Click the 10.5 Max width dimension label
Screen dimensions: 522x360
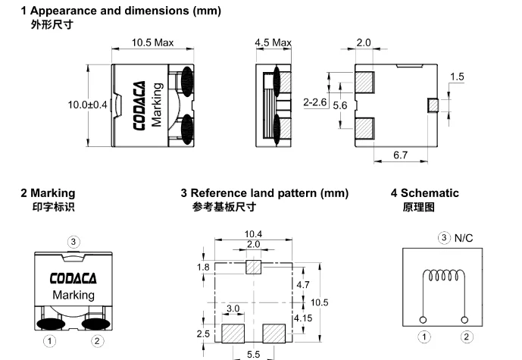(x=152, y=42)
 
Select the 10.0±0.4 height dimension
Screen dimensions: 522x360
(x=88, y=105)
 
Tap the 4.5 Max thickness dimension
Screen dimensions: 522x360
(x=273, y=42)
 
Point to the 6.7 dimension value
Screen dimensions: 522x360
(x=400, y=155)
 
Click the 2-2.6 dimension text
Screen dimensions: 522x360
(x=315, y=102)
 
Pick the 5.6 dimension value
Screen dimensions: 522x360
(x=340, y=105)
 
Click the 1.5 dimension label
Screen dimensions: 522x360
(x=457, y=77)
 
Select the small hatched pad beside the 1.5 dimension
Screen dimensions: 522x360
(x=433, y=105)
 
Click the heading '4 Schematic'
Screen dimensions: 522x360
(x=425, y=193)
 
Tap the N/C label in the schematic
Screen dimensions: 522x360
(x=464, y=238)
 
